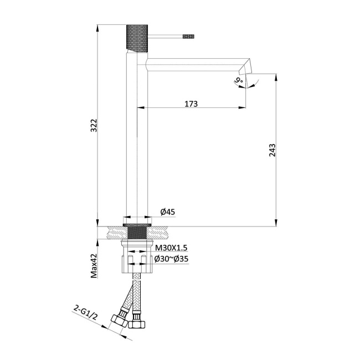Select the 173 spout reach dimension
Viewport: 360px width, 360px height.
pyautogui.click(x=191, y=104)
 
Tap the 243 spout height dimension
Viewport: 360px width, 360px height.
pyautogui.click(x=272, y=150)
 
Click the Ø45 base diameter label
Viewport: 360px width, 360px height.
pyautogui.click(x=168, y=212)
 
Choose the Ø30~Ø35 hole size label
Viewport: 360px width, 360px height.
pyautogui.click(x=172, y=259)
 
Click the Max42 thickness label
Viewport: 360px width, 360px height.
pyautogui.click(x=94, y=266)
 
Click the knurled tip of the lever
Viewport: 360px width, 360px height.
pyautogui.click(x=188, y=37)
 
